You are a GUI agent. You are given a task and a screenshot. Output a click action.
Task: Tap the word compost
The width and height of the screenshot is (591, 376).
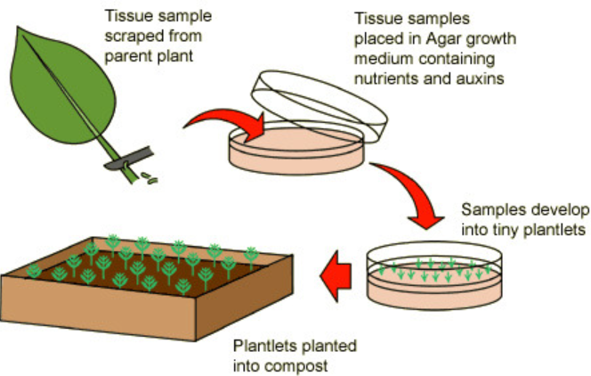click(x=284, y=364)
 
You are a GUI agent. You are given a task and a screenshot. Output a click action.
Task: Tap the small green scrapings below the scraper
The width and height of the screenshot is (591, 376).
click(x=152, y=178)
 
